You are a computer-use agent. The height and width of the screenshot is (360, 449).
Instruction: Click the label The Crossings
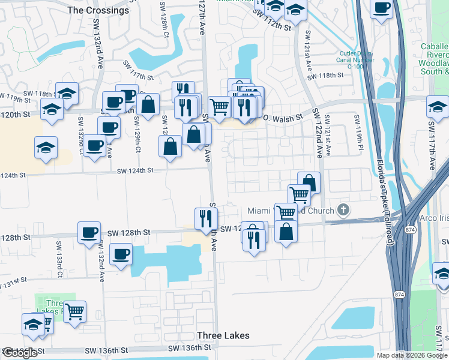click(x=98, y=10)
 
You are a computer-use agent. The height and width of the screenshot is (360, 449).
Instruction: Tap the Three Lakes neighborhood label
click(x=223, y=335)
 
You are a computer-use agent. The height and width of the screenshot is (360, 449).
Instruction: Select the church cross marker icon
click(x=343, y=210)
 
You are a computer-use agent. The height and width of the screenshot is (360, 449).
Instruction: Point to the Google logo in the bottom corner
click(x=20, y=353)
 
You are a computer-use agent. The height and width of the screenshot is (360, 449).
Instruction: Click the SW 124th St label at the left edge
click(x=13, y=175)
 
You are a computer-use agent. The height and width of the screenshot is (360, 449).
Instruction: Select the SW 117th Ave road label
click(x=431, y=145)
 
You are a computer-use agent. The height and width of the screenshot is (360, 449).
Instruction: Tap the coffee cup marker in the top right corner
click(x=382, y=8)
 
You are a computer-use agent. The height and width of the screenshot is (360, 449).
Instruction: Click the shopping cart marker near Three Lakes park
click(x=75, y=311)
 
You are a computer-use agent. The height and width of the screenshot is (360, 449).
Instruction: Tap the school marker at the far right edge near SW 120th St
click(x=438, y=107)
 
